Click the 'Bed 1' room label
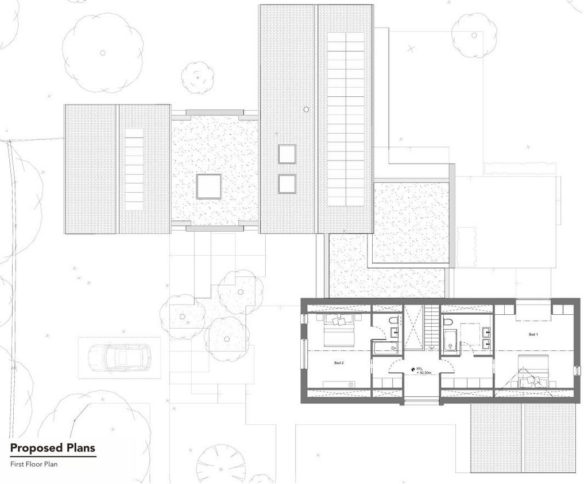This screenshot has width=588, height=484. tap(533, 334)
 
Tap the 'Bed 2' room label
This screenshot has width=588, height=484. tap(339, 362)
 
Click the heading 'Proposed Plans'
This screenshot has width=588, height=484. tap(52, 448)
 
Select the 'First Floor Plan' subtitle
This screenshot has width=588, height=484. tap(34, 464)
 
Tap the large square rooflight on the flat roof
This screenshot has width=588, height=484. tap(208, 186)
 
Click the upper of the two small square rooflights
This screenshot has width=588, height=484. tap(287, 154)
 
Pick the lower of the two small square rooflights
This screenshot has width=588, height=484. tap(287, 184)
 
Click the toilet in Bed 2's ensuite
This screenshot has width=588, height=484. tap(393, 321)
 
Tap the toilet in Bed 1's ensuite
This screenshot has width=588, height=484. tap(447, 321)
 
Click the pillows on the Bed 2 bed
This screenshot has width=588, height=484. tap(339, 320)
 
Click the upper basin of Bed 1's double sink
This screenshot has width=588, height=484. tap(487, 331)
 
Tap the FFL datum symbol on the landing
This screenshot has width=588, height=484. tap(413, 370)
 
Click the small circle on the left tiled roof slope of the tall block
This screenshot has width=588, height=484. tap(307, 110)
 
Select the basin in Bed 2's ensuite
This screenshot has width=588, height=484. tap(394, 332)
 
